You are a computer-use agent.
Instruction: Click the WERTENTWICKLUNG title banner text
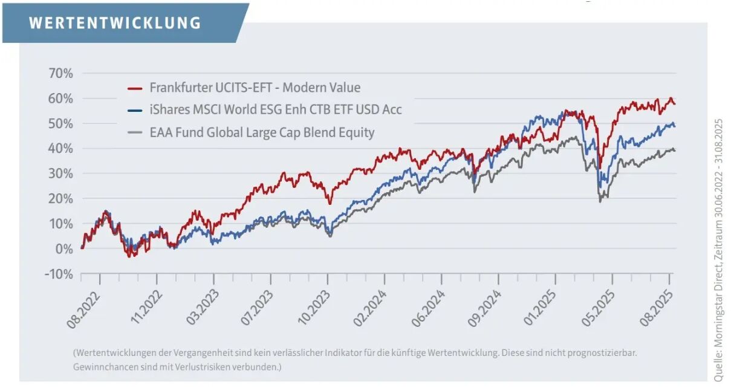pyautogui.click(x=115, y=23)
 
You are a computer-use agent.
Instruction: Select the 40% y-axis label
pyautogui.click(x=60, y=149)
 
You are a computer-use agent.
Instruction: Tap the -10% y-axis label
pyautogui.click(x=59, y=274)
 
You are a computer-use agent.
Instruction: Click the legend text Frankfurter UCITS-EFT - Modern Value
pyautogui.click(x=255, y=88)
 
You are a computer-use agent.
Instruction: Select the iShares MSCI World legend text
pyautogui.click(x=275, y=109)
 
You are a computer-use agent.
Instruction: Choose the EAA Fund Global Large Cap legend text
pyautogui.click(x=262, y=132)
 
